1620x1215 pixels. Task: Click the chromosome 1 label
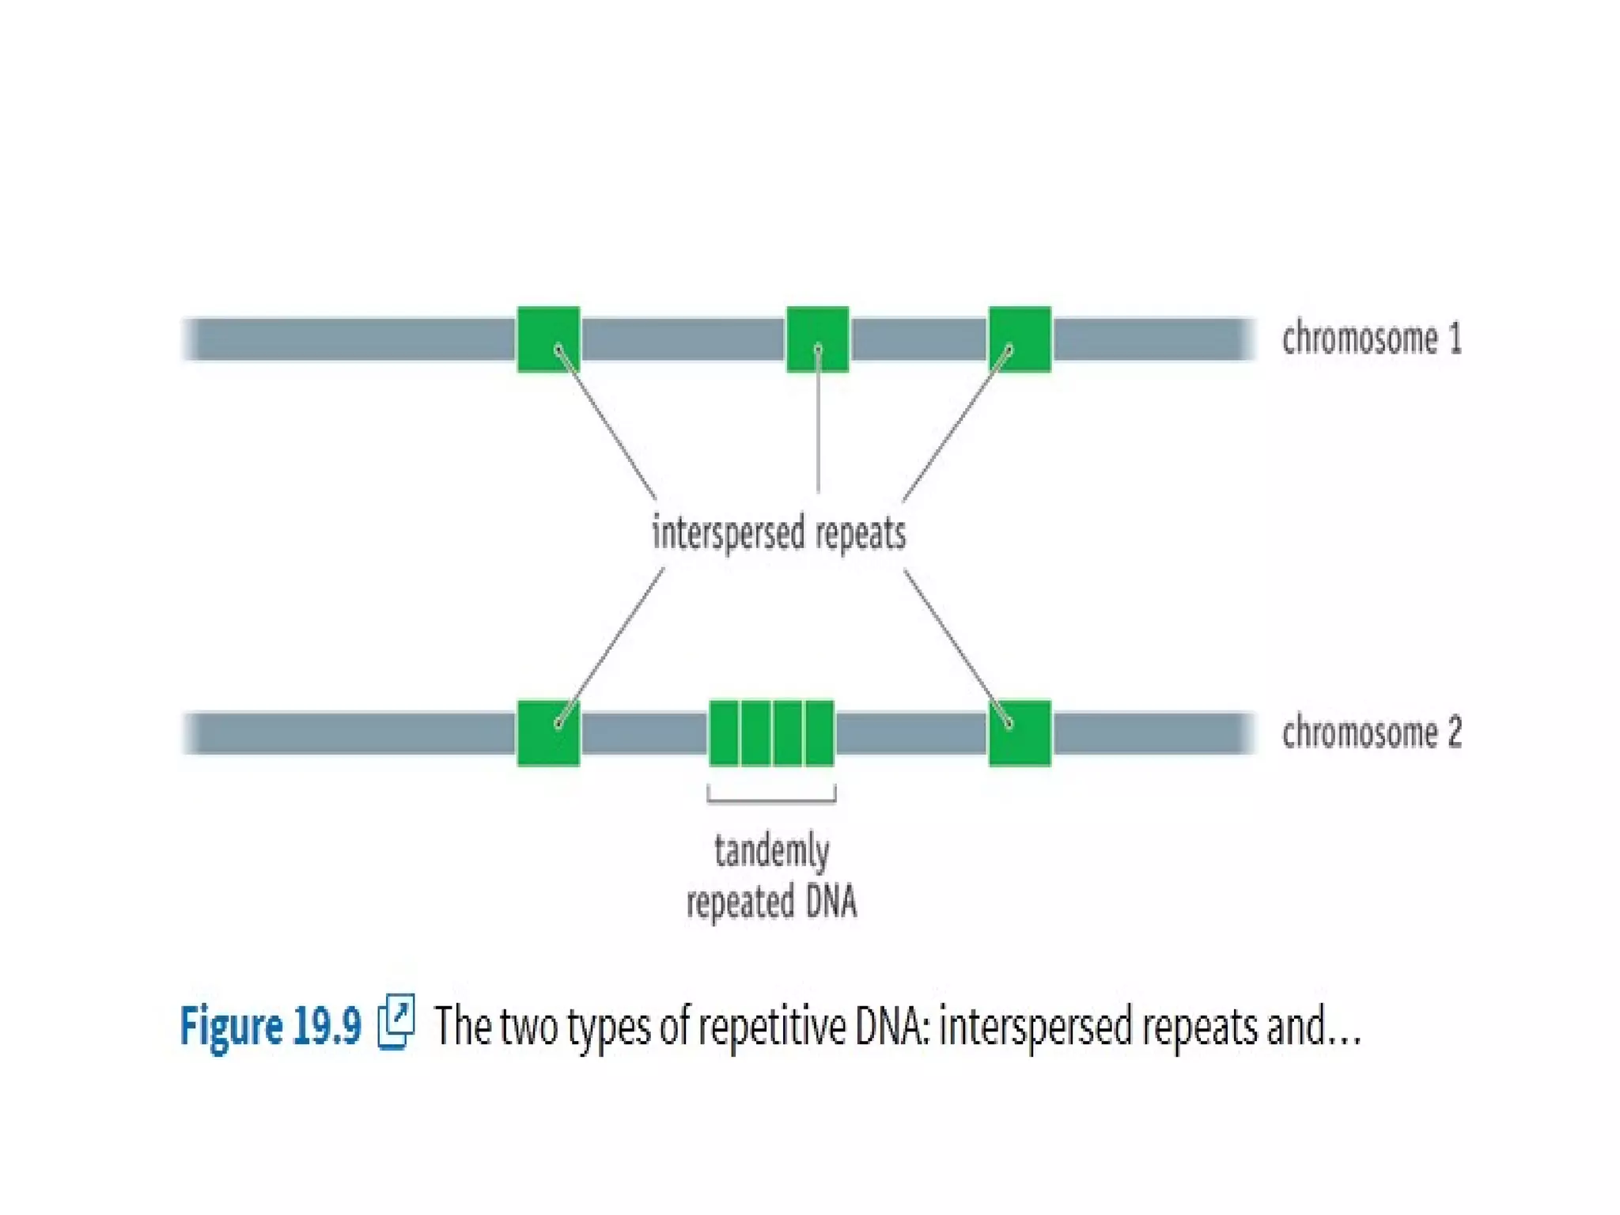[1371, 339]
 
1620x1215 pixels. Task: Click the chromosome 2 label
[1371, 732]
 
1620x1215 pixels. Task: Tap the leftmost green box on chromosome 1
[548, 339]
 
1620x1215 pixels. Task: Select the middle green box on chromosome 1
[817, 339]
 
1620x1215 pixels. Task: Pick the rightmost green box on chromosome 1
[1020, 339]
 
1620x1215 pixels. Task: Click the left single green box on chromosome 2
[548, 732]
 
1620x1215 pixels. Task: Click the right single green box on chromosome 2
[1020, 732]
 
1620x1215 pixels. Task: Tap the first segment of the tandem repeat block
[724, 732]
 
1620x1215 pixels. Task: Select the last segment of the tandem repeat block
[819, 732]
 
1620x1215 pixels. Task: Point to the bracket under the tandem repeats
[771, 800]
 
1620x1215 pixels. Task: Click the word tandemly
[771, 852]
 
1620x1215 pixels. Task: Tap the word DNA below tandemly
[831, 902]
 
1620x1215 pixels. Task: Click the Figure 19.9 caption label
[271, 1026]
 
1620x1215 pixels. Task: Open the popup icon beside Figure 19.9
[396, 1022]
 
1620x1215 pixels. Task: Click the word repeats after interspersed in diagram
[860, 535]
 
